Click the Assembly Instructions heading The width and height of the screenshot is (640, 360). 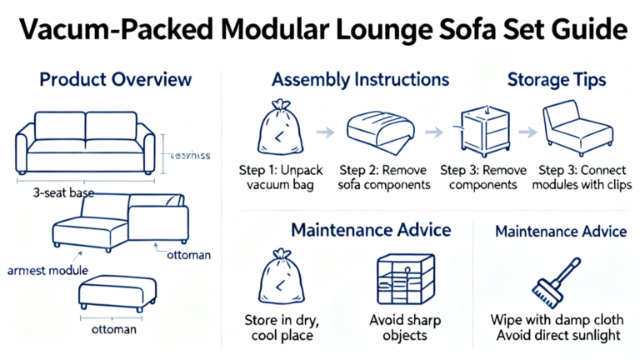360,80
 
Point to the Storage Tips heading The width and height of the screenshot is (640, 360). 557,80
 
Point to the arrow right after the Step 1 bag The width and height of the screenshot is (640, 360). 326,132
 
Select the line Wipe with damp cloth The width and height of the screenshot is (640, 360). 557,320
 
